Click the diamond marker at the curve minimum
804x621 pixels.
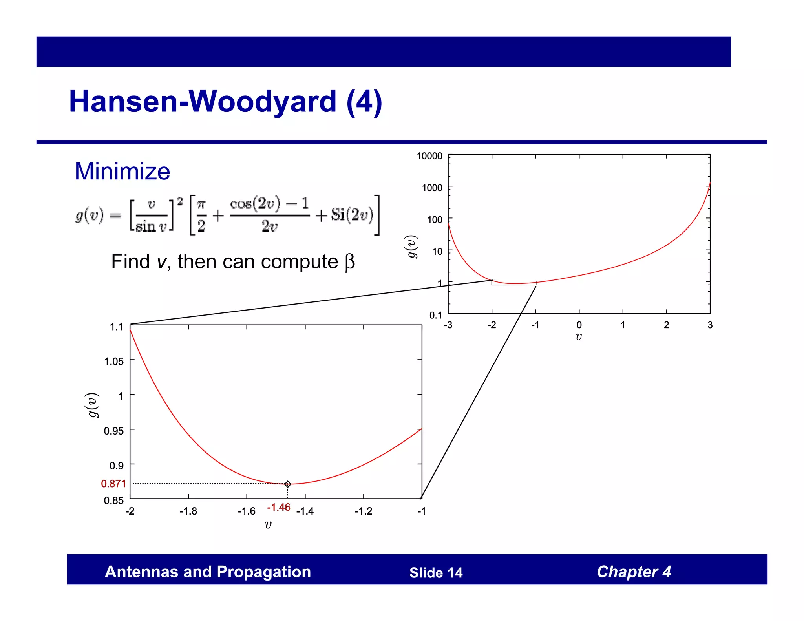click(287, 484)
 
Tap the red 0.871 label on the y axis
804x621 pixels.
click(113, 484)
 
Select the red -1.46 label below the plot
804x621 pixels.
click(278, 507)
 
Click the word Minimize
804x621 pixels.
click(122, 172)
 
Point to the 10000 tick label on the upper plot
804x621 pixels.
click(429, 156)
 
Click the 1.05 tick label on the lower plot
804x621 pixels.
click(114, 361)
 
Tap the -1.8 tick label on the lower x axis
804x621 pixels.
click(188, 511)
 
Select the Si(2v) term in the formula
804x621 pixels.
click(352, 215)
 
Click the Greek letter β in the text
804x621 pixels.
click(349, 262)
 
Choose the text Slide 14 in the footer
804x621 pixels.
click(436, 573)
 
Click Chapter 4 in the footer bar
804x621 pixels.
click(634, 572)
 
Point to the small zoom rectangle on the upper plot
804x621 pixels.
click(513, 283)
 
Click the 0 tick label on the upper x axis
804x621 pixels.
click(579, 325)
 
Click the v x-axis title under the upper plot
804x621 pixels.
click(578, 336)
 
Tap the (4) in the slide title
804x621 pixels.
click(364, 102)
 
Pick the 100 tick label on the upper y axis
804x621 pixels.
click(435, 220)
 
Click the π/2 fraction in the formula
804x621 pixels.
click(201, 215)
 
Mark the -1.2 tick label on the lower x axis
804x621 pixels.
click(363, 511)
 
